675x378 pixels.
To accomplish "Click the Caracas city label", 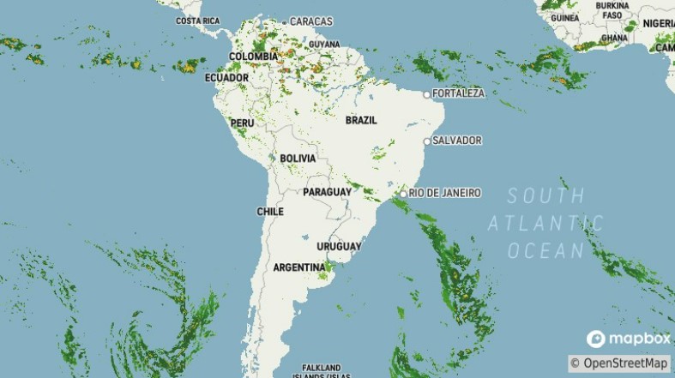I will pyautogui.click(x=311, y=21).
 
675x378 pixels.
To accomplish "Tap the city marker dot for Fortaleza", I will pyautogui.click(x=427, y=93).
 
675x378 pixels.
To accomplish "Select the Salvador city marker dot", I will pyautogui.click(x=427, y=141).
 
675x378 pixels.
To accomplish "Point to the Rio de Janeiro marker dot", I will pyautogui.click(x=403, y=194).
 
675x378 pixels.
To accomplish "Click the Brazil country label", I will pyautogui.click(x=361, y=121).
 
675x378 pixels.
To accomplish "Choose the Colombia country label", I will pyautogui.click(x=253, y=57).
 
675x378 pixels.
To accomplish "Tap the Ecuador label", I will pyautogui.click(x=226, y=78).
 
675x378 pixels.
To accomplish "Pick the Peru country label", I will pyautogui.click(x=243, y=123).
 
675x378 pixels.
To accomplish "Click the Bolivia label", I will pyautogui.click(x=298, y=159).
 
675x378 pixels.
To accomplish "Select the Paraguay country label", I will pyautogui.click(x=327, y=192).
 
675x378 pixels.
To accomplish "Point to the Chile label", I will pyautogui.click(x=270, y=212).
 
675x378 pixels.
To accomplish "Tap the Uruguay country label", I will pyautogui.click(x=339, y=247).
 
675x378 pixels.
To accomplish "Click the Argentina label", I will pyautogui.click(x=299, y=268).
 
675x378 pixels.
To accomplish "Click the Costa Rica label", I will pyautogui.click(x=198, y=21).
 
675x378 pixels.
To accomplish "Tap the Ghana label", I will pyautogui.click(x=614, y=39).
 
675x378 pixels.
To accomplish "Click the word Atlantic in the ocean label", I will pyautogui.click(x=545, y=224).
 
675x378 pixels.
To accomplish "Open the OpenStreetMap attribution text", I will pyautogui.click(x=620, y=363).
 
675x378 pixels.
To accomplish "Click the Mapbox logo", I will pyautogui.click(x=629, y=339).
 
